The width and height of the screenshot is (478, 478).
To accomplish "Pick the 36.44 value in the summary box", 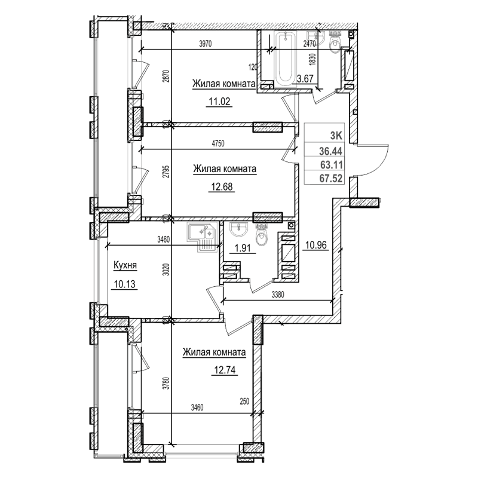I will [x=332, y=153].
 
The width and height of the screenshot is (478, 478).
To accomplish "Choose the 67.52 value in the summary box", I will [x=332, y=177].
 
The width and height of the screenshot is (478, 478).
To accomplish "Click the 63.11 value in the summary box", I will [x=332, y=166].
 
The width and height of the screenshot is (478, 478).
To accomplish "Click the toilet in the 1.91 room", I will [x=262, y=237].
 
